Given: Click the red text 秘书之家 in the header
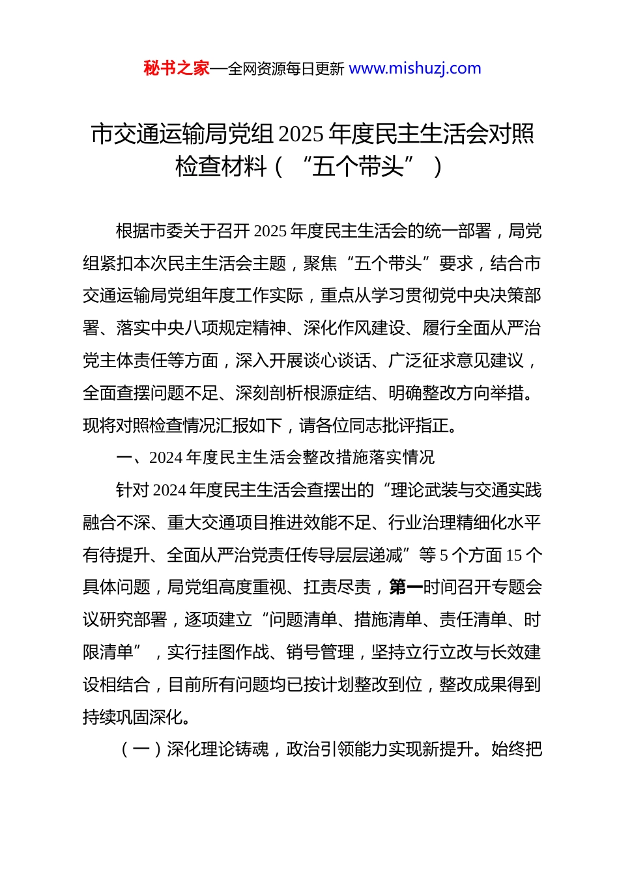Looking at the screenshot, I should [x=177, y=68].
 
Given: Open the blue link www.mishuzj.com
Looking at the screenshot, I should [x=415, y=68].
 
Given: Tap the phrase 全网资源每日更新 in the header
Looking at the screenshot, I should [x=285, y=69].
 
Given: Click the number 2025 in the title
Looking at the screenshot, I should [x=300, y=134].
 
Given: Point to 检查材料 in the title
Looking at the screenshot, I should [x=221, y=167].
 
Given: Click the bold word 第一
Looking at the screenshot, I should [x=405, y=587].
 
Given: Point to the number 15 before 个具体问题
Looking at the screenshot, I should [x=513, y=555].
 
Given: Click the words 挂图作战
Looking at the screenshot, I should [x=235, y=652].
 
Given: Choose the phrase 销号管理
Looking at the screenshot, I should [x=320, y=652].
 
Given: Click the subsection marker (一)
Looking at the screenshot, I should [x=141, y=750].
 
